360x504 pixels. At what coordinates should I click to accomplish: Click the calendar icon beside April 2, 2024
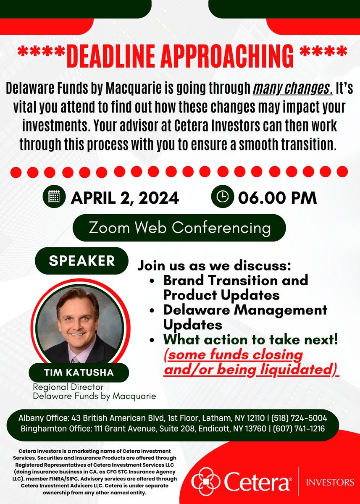click(x=54, y=197)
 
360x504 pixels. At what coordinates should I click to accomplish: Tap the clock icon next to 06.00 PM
click(x=222, y=197)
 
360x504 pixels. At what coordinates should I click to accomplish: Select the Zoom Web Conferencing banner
click(x=179, y=228)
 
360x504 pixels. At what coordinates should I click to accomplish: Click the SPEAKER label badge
click(x=81, y=261)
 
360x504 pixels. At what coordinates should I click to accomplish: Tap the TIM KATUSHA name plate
click(x=79, y=373)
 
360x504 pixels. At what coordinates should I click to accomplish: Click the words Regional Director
click(x=68, y=387)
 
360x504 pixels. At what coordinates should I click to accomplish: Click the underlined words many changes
click(x=293, y=89)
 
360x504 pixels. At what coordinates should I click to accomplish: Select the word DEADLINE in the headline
click(x=111, y=56)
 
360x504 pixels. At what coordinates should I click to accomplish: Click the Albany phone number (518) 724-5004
click(x=299, y=418)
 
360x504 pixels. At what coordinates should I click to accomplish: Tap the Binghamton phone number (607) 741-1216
click(x=299, y=429)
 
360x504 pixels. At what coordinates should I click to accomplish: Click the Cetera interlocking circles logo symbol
click(x=205, y=481)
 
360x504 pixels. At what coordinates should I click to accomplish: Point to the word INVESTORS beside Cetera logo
click(x=330, y=482)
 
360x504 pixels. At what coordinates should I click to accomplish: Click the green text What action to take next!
click(x=251, y=339)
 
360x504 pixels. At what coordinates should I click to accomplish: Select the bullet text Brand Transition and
click(x=236, y=281)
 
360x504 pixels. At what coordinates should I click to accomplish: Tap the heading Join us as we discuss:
click(x=214, y=265)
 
